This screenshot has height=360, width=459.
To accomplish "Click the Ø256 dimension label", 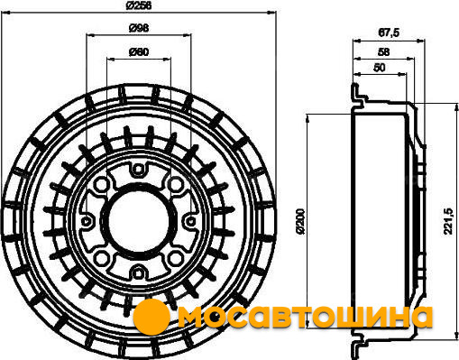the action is (x=139, y=5).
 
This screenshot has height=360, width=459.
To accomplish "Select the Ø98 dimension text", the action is (x=139, y=28).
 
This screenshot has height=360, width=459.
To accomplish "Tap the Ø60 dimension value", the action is (x=139, y=52).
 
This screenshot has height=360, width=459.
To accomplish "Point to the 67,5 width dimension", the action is (x=389, y=32).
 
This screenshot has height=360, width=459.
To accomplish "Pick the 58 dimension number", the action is (x=383, y=52).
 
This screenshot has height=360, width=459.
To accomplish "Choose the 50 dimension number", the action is (x=379, y=68).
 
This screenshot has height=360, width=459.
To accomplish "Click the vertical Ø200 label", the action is (x=300, y=221).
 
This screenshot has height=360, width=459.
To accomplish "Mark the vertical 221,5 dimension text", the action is (x=448, y=221).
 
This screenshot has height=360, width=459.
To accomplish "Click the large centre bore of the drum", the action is (x=138, y=221).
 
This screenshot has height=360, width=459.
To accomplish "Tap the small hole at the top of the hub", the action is (x=138, y=170).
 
